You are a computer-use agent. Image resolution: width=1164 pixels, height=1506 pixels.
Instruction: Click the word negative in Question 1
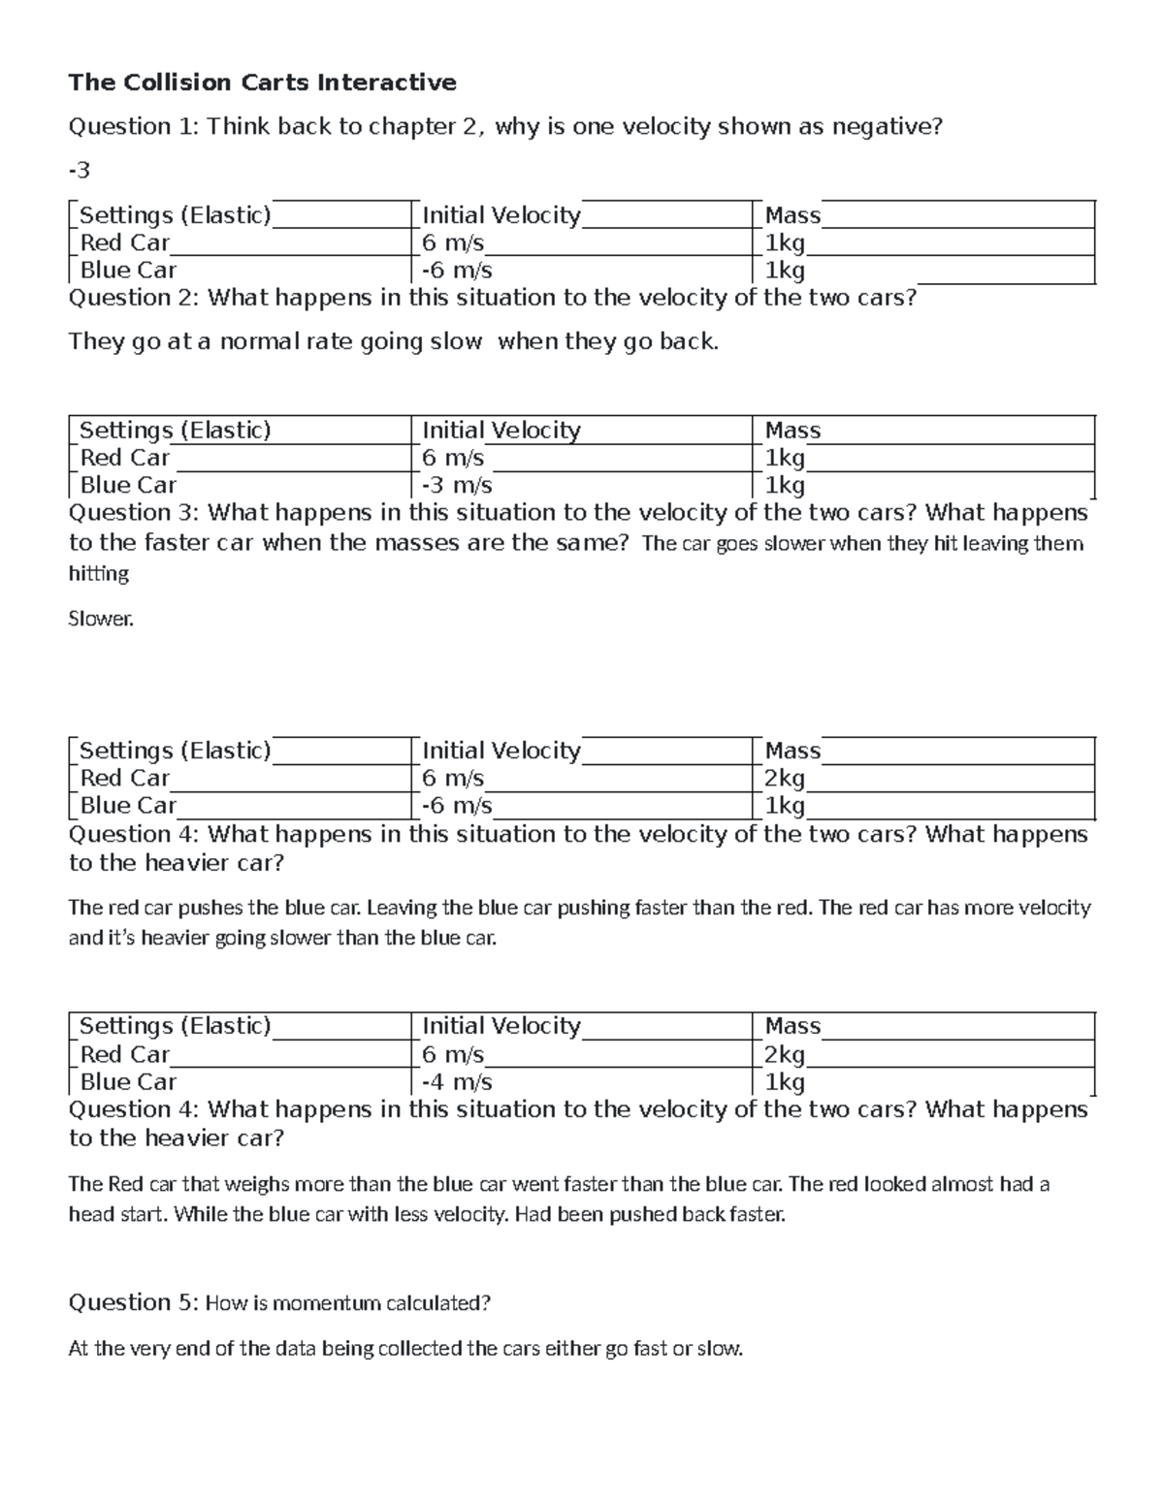click(890, 126)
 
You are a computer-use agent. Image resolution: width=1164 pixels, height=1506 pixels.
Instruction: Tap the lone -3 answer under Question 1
click(79, 171)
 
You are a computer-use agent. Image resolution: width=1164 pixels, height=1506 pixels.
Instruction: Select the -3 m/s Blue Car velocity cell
click(457, 485)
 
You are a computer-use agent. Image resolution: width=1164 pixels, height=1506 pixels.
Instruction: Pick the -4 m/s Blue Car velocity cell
click(457, 1082)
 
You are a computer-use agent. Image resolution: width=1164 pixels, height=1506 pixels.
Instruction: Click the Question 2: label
click(134, 298)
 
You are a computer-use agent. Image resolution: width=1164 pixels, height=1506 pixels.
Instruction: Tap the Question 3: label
click(134, 512)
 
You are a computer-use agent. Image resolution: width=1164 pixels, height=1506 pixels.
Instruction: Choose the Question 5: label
click(134, 1302)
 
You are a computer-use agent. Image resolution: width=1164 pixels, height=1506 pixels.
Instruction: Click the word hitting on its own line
click(99, 574)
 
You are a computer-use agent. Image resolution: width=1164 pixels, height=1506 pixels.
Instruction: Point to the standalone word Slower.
click(101, 619)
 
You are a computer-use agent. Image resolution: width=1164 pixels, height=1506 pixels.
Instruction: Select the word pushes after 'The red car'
click(214, 908)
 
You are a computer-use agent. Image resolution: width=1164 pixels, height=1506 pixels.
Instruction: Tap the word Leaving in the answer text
click(403, 908)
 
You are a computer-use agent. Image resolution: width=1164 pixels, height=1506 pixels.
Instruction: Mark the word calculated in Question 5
click(437, 1303)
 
